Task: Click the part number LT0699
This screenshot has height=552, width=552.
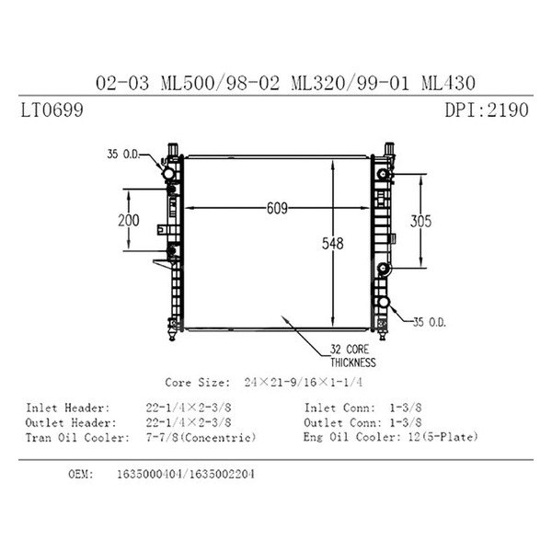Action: (x=52, y=109)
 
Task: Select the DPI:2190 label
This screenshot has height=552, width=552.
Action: (x=487, y=109)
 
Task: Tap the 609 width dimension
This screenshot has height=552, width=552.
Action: (x=277, y=208)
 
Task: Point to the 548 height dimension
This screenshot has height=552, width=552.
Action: (x=332, y=243)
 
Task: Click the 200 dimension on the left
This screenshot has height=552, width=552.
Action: (x=129, y=221)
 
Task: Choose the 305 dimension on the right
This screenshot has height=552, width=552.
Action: (x=420, y=221)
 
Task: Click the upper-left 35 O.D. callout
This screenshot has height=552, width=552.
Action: (x=123, y=154)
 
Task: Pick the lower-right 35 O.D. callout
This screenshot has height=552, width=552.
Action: (x=429, y=322)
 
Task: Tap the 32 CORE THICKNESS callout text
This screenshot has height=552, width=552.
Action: (x=352, y=356)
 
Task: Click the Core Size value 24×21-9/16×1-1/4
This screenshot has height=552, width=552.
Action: (x=304, y=383)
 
